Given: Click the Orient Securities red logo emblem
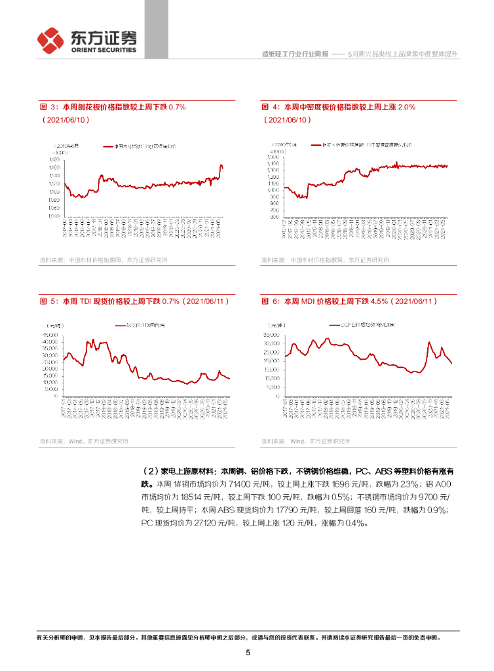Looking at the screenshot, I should coord(50,41).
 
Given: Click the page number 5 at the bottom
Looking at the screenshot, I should coord(248,653).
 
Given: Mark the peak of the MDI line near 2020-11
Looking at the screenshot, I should coord(429,341).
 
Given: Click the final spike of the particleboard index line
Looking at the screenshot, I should coord(221,166).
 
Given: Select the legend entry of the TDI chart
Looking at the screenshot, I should coord(141,325).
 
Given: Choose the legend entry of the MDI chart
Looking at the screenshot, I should coord(360,325).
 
